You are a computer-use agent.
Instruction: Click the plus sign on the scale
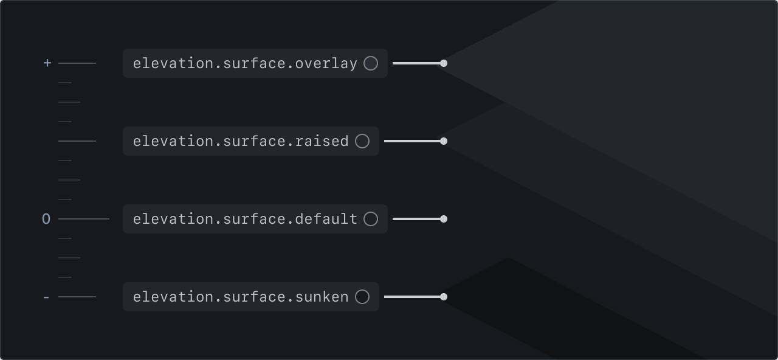pyautogui.click(x=47, y=63)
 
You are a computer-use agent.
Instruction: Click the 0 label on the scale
pyautogui.click(x=46, y=219)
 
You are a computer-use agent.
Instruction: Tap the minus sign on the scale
pyautogui.click(x=46, y=297)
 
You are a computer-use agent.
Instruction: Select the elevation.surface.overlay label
pyautogui.click(x=245, y=63)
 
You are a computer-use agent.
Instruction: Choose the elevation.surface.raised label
pyautogui.click(x=241, y=141)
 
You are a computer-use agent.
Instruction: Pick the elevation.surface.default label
pyautogui.click(x=245, y=219)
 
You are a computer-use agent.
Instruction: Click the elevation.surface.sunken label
pyautogui.click(x=241, y=297)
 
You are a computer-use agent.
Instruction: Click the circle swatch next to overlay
pyautogui.click(x=371, y=63)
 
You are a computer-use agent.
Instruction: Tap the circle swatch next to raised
pyautogui.click(x=362, y=141)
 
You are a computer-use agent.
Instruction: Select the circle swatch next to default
pyautogui.click(x=371, y=219)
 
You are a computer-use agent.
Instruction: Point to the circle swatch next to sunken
pyautogui.click(x=362, y=297)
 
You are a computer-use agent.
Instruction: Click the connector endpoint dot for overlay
pyautogui.click(x=444, y=63)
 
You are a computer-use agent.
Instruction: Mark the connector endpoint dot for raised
pyautogui.click(x=444, y=141)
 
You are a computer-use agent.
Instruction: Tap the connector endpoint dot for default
pyautogui.click(x=444, y=219)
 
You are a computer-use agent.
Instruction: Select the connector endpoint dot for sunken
pyautogui.click(x=444, y=297)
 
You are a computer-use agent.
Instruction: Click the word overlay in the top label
pyautogui.click(x=326, y=63)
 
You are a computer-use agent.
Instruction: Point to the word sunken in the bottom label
pyautogui.click(x=322, y=297)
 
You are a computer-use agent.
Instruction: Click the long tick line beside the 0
pyautogui.click(x=84, y=219)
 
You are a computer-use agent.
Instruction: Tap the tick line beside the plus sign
pyautogui.click(x=77, y=63)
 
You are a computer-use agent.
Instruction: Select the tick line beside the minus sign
pyautogui.click(x=77, y=297)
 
